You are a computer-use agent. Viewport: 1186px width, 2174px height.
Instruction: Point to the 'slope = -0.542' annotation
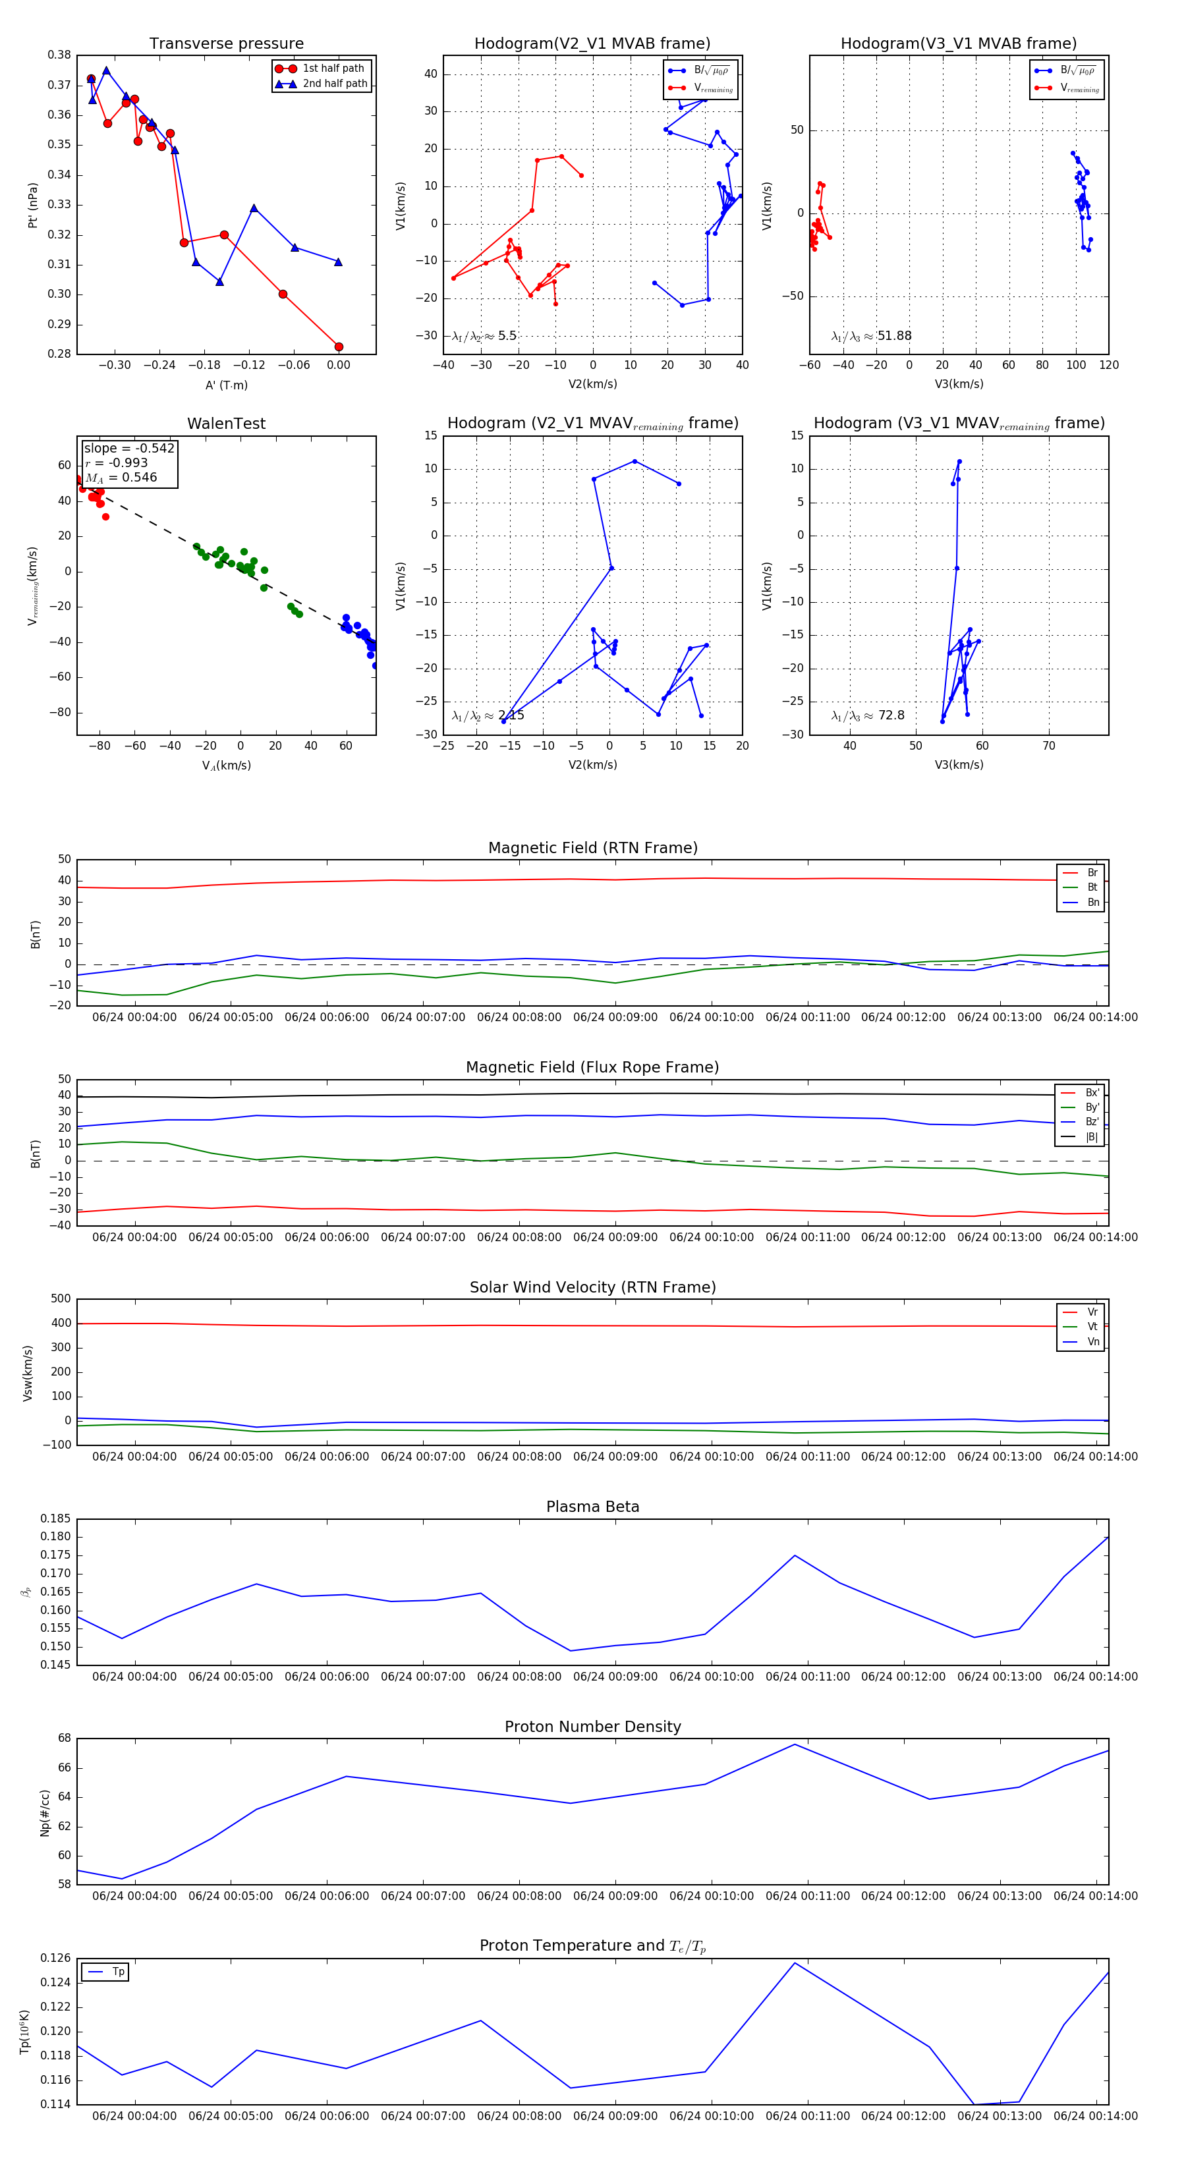coord(129,448)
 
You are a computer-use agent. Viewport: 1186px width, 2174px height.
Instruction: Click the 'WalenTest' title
coord(226,424)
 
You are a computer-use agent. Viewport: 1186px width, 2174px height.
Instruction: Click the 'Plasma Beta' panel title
coord(592,1507)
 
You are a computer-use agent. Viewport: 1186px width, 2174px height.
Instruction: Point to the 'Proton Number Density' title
coord(592,1726)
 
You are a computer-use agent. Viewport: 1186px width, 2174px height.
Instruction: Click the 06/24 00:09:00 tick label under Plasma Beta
coord(615,1676)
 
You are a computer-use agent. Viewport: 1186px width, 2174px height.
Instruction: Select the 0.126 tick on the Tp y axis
coord(57,1958)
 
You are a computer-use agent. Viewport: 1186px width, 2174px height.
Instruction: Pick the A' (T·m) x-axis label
coord(226,385)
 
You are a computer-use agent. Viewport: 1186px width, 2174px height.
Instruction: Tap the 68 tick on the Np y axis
coord(65,1739)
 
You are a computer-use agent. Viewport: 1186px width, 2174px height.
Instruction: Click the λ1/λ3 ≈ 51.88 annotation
coord(871,336)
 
